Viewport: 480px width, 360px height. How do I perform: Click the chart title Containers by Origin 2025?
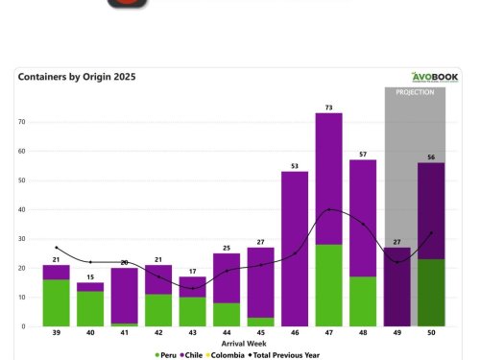tap(76, 77)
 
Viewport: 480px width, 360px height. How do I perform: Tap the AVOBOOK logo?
tap(435, 78)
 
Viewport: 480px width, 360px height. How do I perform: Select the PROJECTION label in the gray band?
tap(415, 92)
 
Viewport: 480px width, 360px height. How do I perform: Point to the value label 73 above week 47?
tap(328, 107)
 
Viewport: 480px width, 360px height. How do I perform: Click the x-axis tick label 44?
tap(227, 334)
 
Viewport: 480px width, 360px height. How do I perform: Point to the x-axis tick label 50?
tap(430, 334)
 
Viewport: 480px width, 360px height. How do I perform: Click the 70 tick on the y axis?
tap(21, 122)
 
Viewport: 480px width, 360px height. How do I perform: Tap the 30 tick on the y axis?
tap(21, 238)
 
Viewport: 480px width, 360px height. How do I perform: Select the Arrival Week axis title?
tap(245, 344)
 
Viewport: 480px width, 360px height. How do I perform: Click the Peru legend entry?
tap(164, 354)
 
